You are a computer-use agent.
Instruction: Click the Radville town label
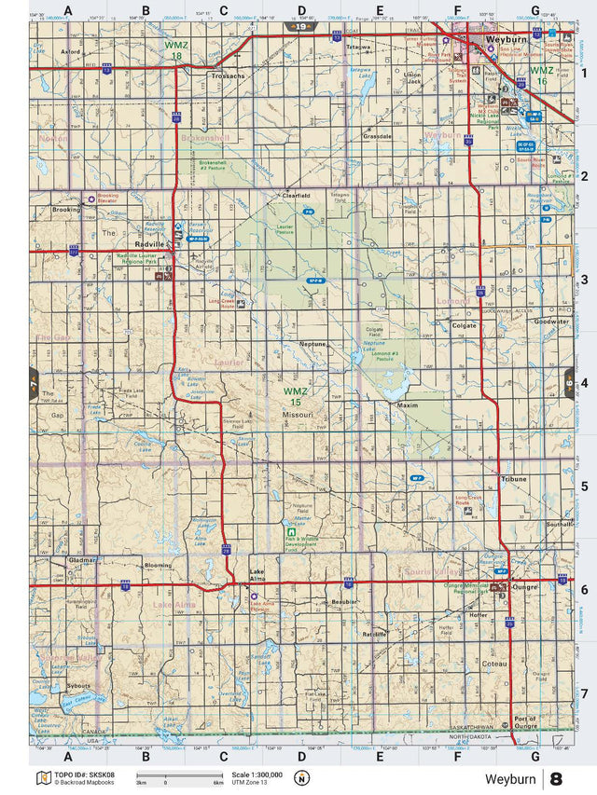click(146, 243)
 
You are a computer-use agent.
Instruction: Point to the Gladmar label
click(82, 560)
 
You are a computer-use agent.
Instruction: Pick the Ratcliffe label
click(375, 633)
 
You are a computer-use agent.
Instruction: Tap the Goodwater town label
click(551, 322)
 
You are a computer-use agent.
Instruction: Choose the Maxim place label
click(408, 405)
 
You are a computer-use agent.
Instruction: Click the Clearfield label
click(296, 196)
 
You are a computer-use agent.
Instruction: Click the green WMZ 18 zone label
click(174, 50)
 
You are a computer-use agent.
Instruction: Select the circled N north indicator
click(301, 778)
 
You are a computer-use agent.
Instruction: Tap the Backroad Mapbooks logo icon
click(41, 777)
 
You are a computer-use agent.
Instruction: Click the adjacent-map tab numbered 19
click(299, 28)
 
